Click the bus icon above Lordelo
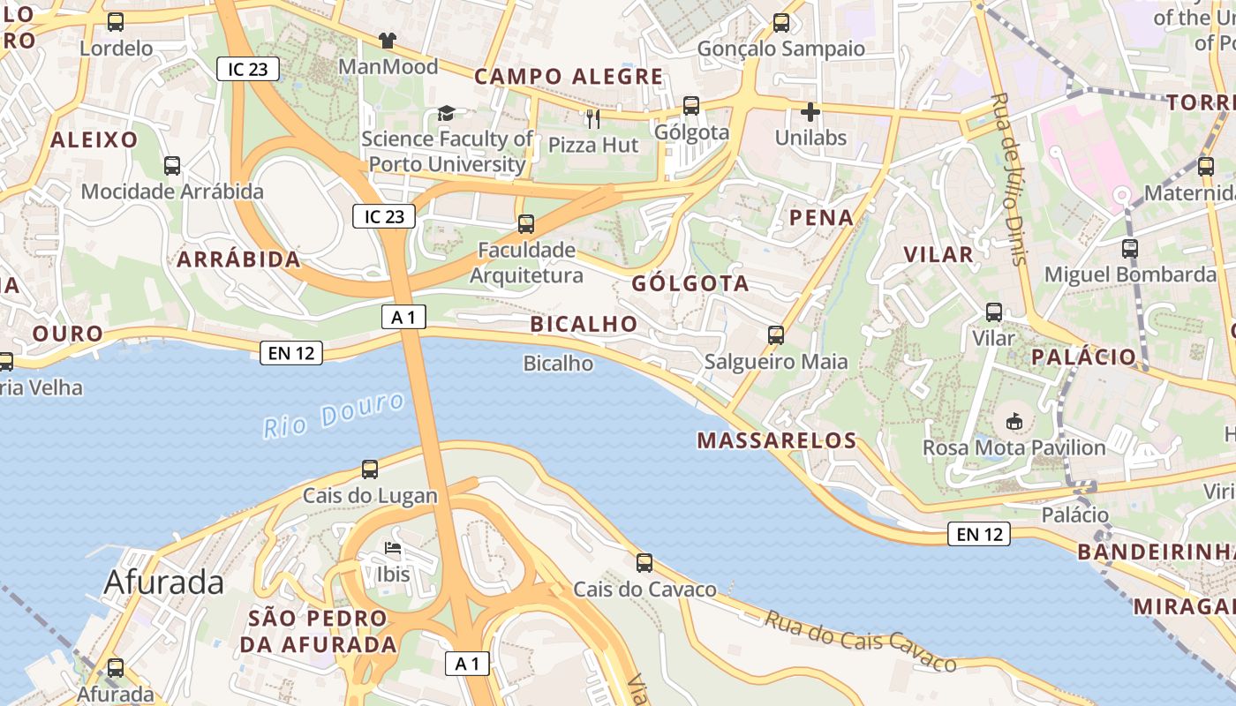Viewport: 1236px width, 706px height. click(116, 22)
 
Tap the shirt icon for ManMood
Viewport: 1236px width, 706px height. click(388, 40)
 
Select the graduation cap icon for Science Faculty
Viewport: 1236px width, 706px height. click(446, 113)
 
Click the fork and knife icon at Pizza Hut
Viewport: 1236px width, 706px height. click(593, 118)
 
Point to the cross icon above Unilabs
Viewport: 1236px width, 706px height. click(810, 112)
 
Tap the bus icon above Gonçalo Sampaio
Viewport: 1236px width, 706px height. click(781, 23)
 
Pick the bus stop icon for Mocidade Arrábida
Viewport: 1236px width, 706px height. click(172, 165)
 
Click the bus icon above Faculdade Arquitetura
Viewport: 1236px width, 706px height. click(526, 223)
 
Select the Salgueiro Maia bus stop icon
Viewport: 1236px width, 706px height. click(776, 335)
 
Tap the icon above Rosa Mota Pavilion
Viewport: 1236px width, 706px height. click(1014, 422)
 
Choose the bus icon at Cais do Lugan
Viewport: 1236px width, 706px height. click(370, 469)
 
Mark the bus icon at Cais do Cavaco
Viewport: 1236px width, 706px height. click(644, 562)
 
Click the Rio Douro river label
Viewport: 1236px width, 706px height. click(335, 416)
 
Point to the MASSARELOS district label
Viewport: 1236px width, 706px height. click(777, 440)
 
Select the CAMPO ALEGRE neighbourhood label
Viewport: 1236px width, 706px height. click(569, 77)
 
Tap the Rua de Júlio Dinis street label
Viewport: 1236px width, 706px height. click(1010, 176)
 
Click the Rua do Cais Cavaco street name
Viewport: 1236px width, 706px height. click(860, 641)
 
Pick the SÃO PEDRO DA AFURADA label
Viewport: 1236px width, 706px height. click(318, 631)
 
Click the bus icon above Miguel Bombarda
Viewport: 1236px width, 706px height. click(1130, 249)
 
